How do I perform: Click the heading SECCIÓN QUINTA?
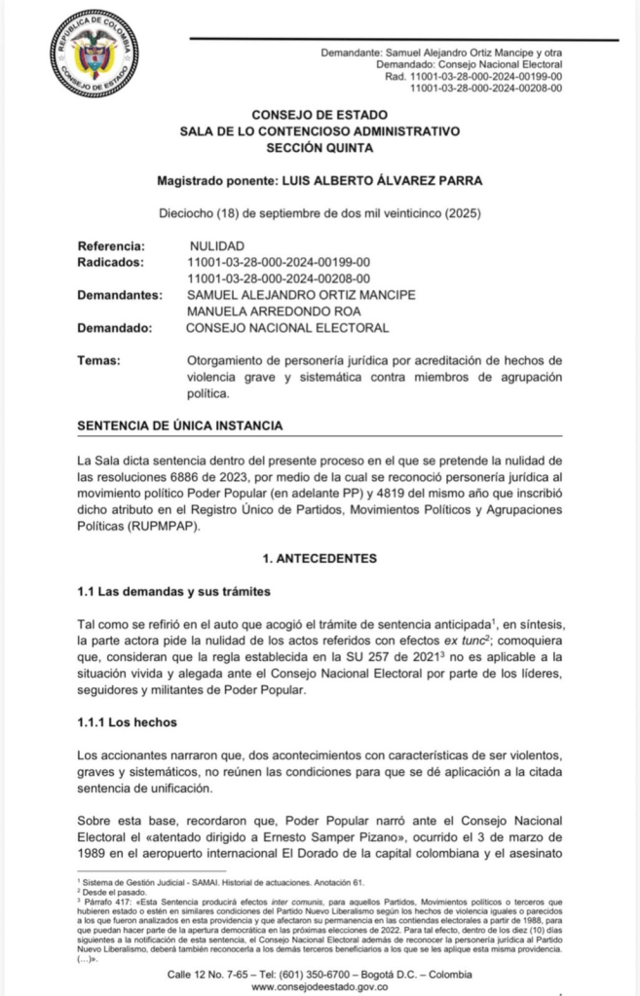tap(320, 148)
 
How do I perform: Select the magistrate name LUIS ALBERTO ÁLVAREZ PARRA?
tap(375, 181)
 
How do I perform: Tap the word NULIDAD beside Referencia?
tap(216, 245)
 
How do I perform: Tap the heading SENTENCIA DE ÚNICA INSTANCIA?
tap(180, 425)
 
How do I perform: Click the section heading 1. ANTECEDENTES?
tap(320, 560)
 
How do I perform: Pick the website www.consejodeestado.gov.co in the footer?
tap(320, 986)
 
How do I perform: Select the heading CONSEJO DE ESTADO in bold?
tap(320, 115)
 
